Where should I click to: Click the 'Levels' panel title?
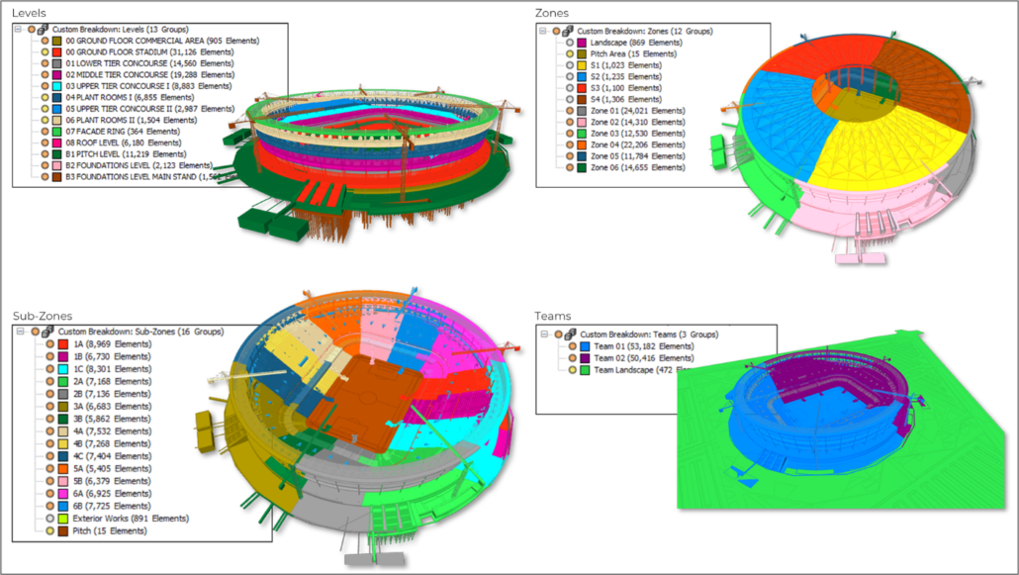[x=31, y=13]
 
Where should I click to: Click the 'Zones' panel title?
[x=552, y=13]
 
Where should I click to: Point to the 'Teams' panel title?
[x=554, y=316]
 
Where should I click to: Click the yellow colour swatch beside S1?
[x=582, y=65]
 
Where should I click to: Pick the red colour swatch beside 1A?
[x=62, y=343]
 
